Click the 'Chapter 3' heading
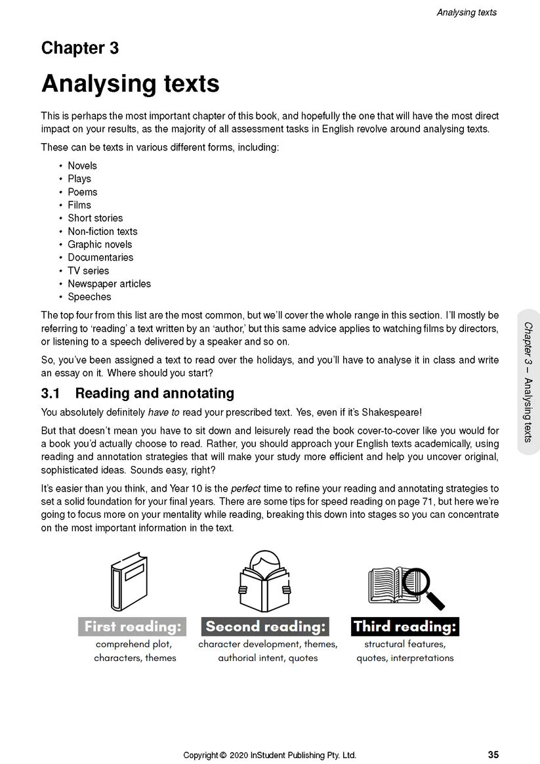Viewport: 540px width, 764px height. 80,48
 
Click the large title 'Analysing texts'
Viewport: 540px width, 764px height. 130,84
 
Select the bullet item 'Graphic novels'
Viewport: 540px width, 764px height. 100,244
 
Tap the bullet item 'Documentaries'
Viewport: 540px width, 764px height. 100,257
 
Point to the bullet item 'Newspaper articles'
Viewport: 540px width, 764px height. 109,284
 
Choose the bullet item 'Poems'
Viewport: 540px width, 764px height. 83,192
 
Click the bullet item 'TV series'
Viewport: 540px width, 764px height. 89,270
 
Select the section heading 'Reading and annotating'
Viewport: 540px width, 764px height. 155,393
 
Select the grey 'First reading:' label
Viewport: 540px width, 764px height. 133,626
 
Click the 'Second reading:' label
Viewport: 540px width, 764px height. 265,626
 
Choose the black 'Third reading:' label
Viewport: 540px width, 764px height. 404,626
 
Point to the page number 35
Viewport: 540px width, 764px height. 493,755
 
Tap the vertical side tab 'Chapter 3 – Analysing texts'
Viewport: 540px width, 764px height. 528,382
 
